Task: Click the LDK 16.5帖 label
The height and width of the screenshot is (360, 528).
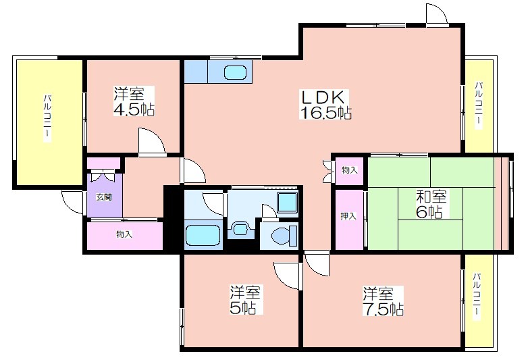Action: coord(325,105)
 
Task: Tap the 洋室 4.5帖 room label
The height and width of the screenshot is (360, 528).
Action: coord(134,101)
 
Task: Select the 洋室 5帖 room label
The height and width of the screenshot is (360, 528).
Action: coord(245,300)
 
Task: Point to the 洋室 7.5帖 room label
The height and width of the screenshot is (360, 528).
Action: coord(383,301)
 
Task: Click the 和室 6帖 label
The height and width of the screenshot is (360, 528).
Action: coord(431,204)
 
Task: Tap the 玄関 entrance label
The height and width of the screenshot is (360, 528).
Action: coord(104,197)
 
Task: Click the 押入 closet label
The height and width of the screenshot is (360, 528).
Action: coord(348,216)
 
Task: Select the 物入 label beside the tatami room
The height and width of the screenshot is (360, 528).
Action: coord(350,170)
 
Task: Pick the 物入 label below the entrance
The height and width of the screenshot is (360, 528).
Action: coord(124,234)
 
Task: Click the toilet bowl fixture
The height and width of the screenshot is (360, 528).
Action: coord(284,234)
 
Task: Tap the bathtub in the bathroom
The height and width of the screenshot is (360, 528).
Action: coord(203,236)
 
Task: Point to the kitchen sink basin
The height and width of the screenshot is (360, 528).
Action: coord(235,72)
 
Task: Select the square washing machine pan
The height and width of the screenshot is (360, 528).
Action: coord(287,203)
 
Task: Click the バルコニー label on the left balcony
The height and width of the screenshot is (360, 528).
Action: coord(47,118)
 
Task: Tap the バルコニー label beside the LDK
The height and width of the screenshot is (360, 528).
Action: coord(479,105)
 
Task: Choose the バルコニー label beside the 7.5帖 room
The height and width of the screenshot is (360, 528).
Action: coord(477,296)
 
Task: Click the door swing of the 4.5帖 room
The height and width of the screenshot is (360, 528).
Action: coord(152,142)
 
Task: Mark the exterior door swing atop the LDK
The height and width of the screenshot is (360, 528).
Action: coord(436,14)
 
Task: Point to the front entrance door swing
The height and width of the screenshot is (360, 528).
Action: coord(72,202)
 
